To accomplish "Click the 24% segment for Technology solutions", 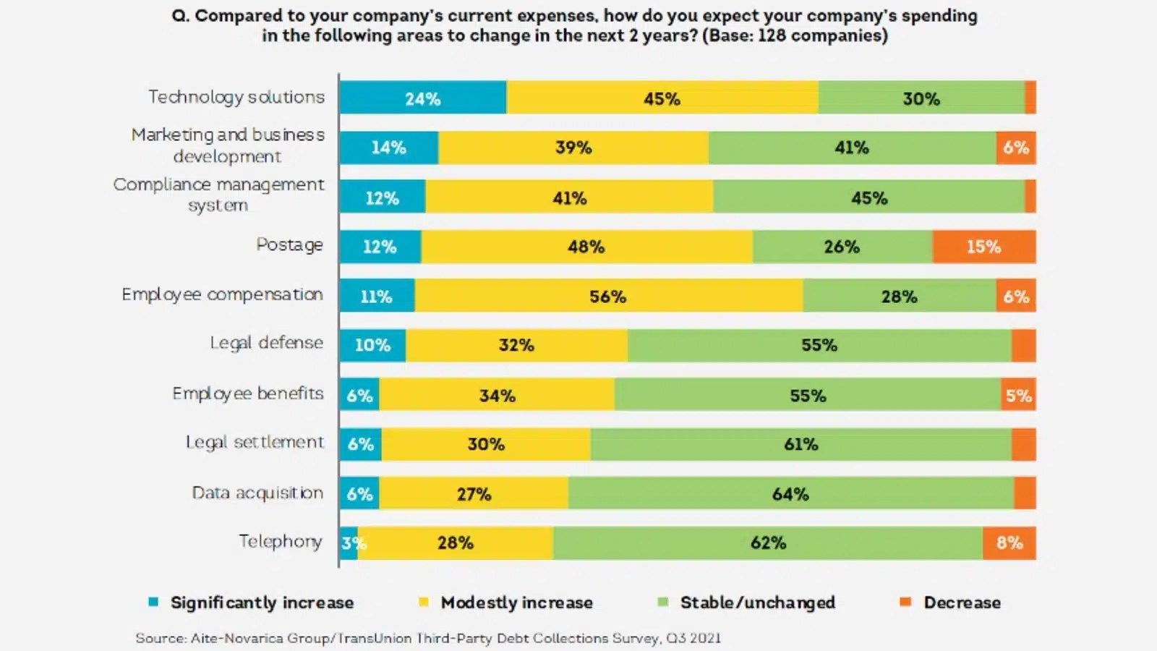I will coord(423,98).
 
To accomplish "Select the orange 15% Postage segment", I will coord(983,247).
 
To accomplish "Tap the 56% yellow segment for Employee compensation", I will coord(608,296).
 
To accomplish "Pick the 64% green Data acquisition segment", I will coord(790,493).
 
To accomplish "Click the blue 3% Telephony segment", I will coord(348,543).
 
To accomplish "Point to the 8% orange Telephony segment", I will coord(1009,543).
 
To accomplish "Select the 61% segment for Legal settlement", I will coord(800,444).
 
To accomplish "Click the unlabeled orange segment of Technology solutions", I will coord(1030,98).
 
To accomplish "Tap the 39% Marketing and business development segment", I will coord(573,148).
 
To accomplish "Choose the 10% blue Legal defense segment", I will coord(372,345).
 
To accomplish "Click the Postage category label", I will coord(289,245).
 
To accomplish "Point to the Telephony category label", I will coord(281,541).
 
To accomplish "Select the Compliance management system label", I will coord(218,195).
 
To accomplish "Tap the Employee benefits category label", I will coord(248,393).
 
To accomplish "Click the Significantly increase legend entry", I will coord(262,603).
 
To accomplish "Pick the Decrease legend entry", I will coord(962,603).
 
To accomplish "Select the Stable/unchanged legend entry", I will coord(757,603).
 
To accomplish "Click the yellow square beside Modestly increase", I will coord(424,602).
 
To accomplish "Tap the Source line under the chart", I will coord(428,638).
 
